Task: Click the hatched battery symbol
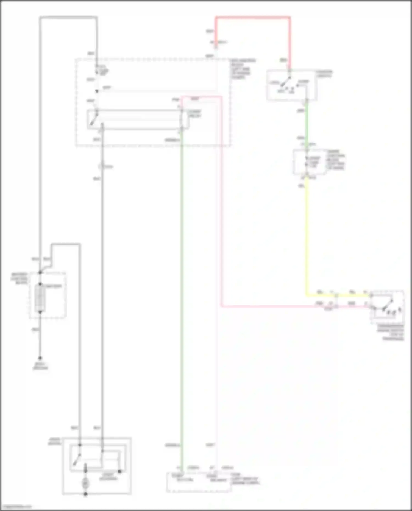[40, 298]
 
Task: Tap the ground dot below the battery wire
[40, 358]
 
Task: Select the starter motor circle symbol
[85, 483]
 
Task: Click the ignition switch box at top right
[292, 85]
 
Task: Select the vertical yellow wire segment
[307, 236]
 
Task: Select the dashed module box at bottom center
[199, 482]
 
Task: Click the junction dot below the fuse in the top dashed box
[97, 91]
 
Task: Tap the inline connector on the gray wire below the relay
[102, 166]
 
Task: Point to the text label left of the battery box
[20, 278]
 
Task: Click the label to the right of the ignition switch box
[324, 74]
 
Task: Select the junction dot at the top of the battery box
[40, 272]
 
